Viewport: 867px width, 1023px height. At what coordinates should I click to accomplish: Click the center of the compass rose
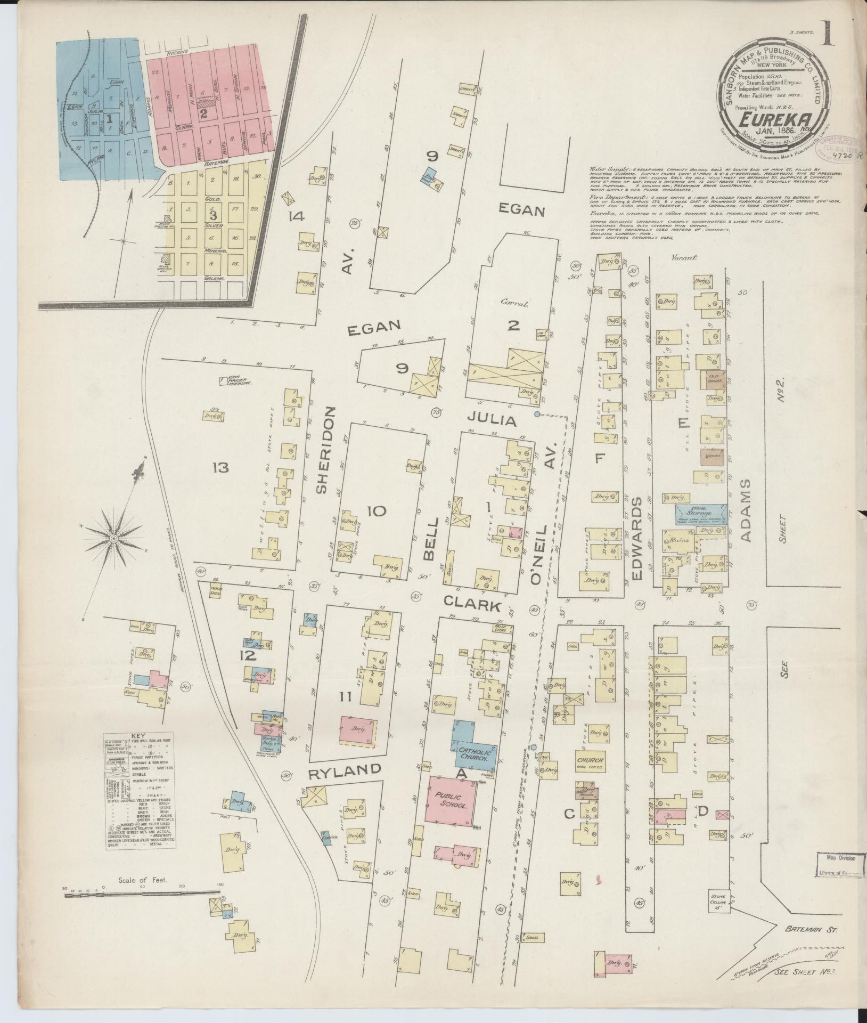pos(113,539)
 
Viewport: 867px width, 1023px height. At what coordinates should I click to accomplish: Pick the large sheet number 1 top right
pos(826,35)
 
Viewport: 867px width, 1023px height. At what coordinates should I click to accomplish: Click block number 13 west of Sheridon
pos(220,468)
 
